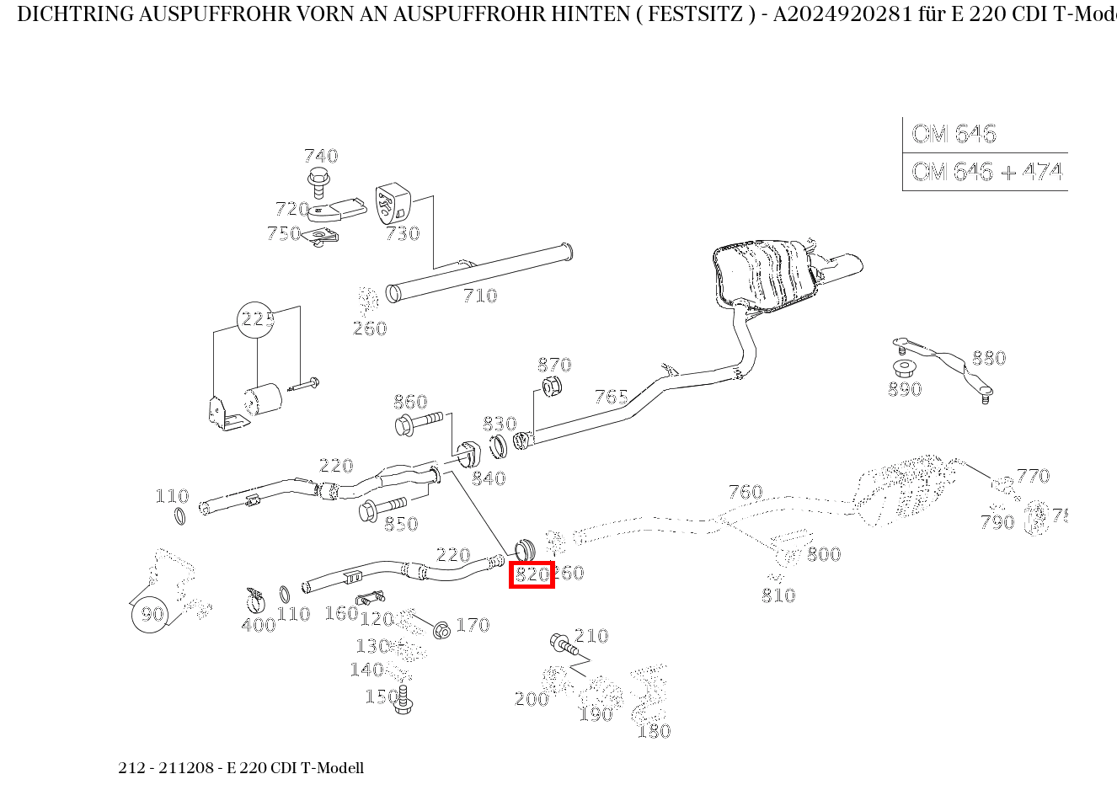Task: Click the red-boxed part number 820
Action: click(x=532, y=574)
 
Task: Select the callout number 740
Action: click(x=320, y=156)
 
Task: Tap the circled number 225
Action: click(x=258, y=319)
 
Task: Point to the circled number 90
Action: click(x=152, y=614)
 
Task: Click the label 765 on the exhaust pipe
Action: click(x=611, y=397)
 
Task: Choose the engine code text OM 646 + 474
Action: click(x=986, y=172)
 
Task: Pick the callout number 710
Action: click(x=479, y=296)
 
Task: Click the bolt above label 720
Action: click(x=318, y=180)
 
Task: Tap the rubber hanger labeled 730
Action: click(x=392, y=204)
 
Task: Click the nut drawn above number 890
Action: click(x=904, y=369)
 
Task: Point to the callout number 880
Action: click(x=988, y=359)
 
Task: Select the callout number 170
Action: click(x=473, y=625)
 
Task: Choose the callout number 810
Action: click(x=778, y=595)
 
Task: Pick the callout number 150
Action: click(x=381, y=697)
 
